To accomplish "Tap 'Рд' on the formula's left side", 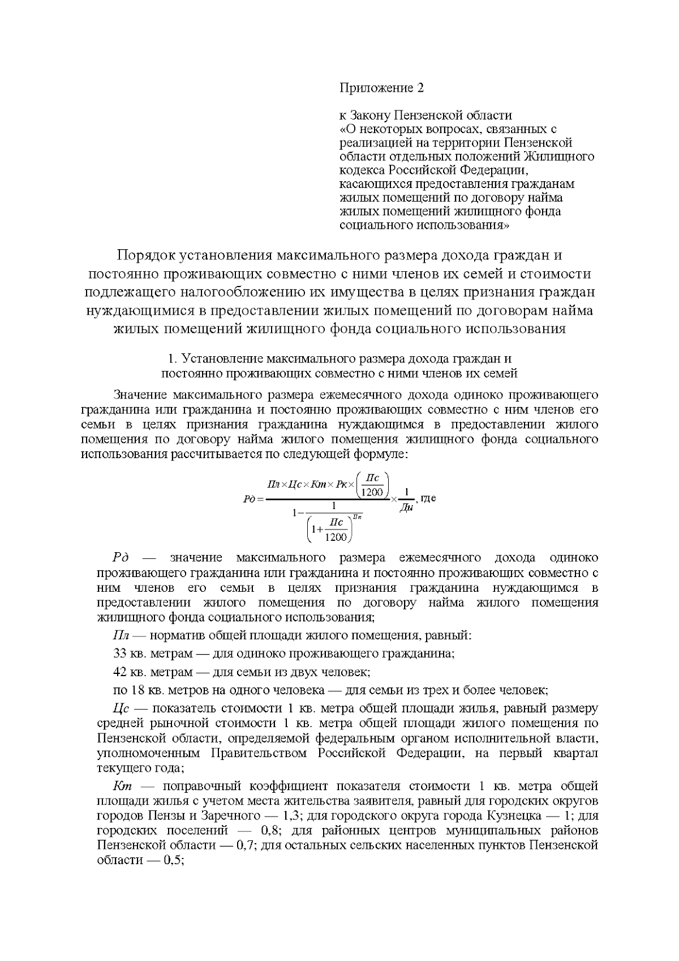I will tap(248, 499).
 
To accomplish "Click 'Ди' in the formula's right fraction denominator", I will tap(406, 508).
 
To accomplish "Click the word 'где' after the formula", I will tap(428, 499).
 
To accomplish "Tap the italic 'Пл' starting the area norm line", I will tap(121, 635).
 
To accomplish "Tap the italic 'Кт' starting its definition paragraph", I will tap(122, 786).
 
